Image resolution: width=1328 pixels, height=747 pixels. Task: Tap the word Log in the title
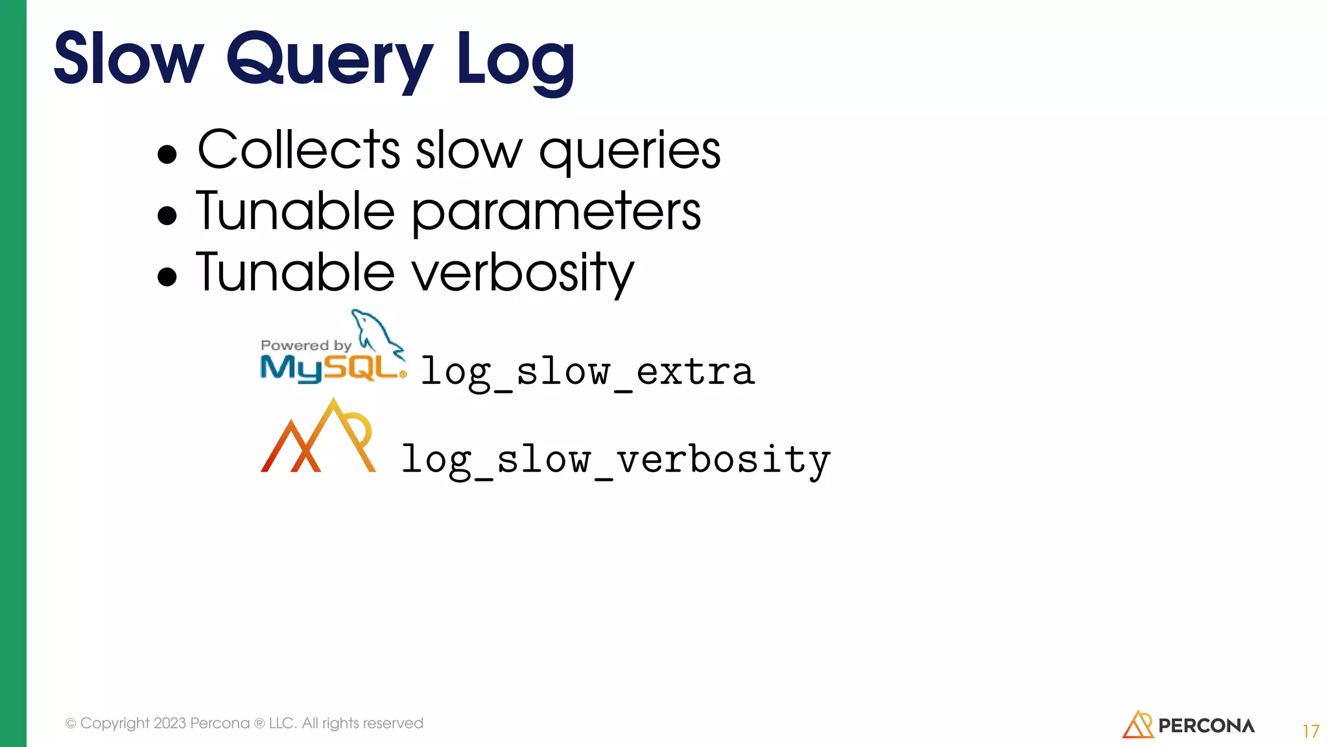pyautogui.click(x=515, y=60)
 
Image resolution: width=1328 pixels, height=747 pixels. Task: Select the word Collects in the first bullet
pyautogui.click(x=298, y=150)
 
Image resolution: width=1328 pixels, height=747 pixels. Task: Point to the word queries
pyautogui.click(x=630, y=152)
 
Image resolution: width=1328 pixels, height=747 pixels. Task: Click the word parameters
pyautogui.click(x=556, y=213)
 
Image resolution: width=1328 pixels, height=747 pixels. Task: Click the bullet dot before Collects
pyautogui.click(x=167, y=154)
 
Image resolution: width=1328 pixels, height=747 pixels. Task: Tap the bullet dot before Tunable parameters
pyautogui.click(x=167, y=215)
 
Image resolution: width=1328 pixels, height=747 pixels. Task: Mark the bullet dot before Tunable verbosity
pyautogui.click(x=167, y=276)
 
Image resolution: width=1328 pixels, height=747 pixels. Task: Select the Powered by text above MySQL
pyautogui.click(x=305, y=346)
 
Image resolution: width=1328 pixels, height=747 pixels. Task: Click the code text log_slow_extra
pyautogui.click(x=587, y=372)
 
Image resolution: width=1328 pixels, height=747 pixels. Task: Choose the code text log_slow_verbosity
pyautogui.click(x=615, y=460)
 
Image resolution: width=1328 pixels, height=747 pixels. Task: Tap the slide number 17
pyautogui.click(x=1310, y=731)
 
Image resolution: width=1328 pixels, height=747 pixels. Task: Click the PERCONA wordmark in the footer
pyautogui.click(x=1206, y=726)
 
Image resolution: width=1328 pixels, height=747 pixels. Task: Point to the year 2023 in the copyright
pyautogui.click(x=170, y=723)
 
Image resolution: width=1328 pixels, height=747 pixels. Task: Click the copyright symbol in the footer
pyautogui.click(x=71, y=724)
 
